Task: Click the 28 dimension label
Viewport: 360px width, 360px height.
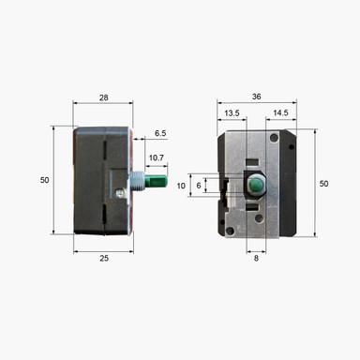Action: coord(103,97)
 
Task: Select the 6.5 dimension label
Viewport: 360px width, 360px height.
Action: coord(161,134)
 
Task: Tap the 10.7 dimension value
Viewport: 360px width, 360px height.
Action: coord(157,157)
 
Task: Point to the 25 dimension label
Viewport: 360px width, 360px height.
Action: coord(103,259)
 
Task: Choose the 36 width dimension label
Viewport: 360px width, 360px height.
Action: coord(258,97)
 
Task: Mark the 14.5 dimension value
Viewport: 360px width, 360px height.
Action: coord(279,114)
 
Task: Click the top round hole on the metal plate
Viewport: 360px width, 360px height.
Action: coord(273,138)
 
